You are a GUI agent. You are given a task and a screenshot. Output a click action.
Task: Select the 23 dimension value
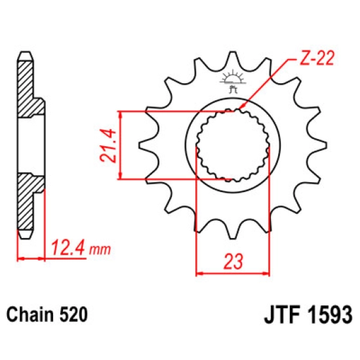click(x=233, y=261)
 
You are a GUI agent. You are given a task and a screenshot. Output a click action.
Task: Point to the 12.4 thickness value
click(x=64, y=250)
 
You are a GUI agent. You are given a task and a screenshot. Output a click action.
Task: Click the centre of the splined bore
click(x=233, y=146)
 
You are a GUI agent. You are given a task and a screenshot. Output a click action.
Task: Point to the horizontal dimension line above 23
click(x=233, y=271)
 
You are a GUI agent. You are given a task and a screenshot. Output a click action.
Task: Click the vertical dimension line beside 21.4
click(x=121, y=146)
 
